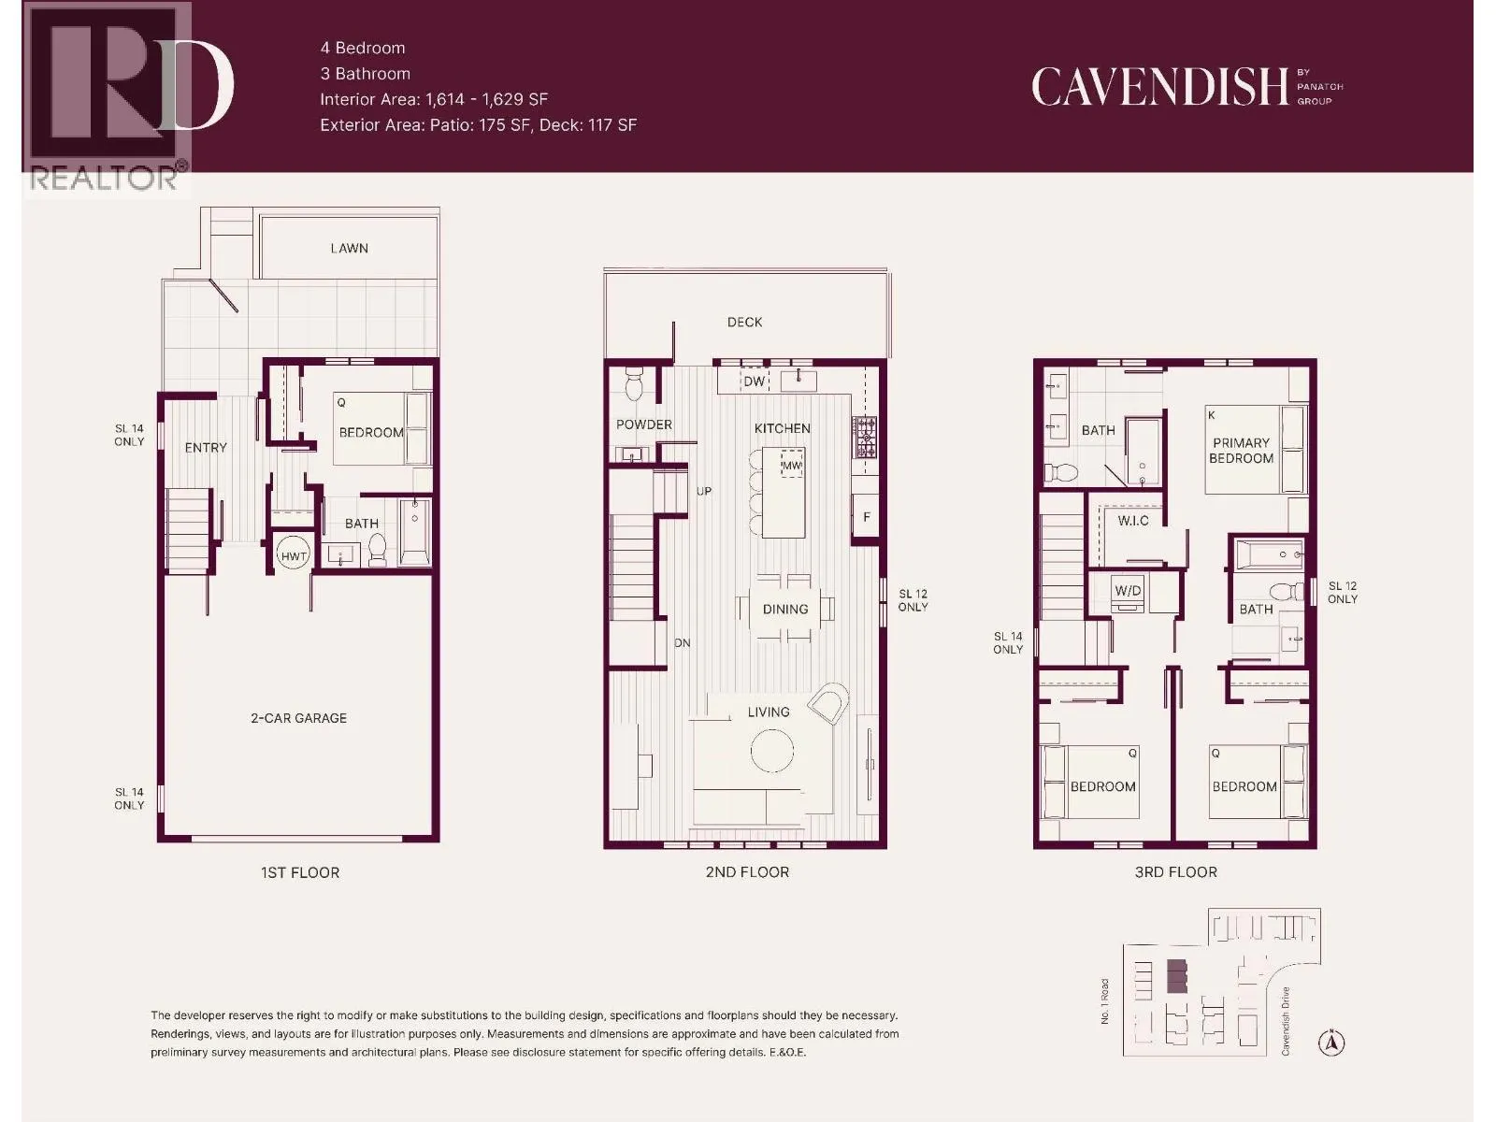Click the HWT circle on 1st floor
294,555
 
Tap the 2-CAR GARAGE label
298,718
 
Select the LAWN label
349,248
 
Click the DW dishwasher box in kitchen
754,381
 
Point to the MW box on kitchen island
791,465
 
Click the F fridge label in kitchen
867,517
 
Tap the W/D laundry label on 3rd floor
1128,591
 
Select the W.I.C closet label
1133,521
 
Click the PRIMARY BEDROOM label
1241,451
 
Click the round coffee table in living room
772,750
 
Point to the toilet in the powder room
633,385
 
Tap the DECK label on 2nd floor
744,322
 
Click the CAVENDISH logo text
1159,87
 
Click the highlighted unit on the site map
1176,976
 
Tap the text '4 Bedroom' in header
363,48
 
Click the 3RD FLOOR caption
1175,872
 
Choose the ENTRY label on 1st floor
206,448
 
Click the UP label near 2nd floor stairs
704,491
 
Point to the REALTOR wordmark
103,178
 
